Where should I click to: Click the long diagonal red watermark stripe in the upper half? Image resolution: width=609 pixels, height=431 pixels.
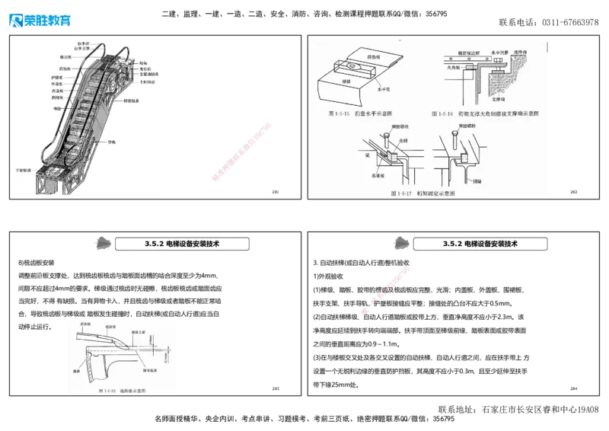pyautogui.click(x=241, y=152)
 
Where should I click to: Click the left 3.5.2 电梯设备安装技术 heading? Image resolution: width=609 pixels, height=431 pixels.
pyautogui.click(x=182, y=244)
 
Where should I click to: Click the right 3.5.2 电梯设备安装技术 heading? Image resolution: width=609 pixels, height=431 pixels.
pyautogui.click(x=480, y=244)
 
